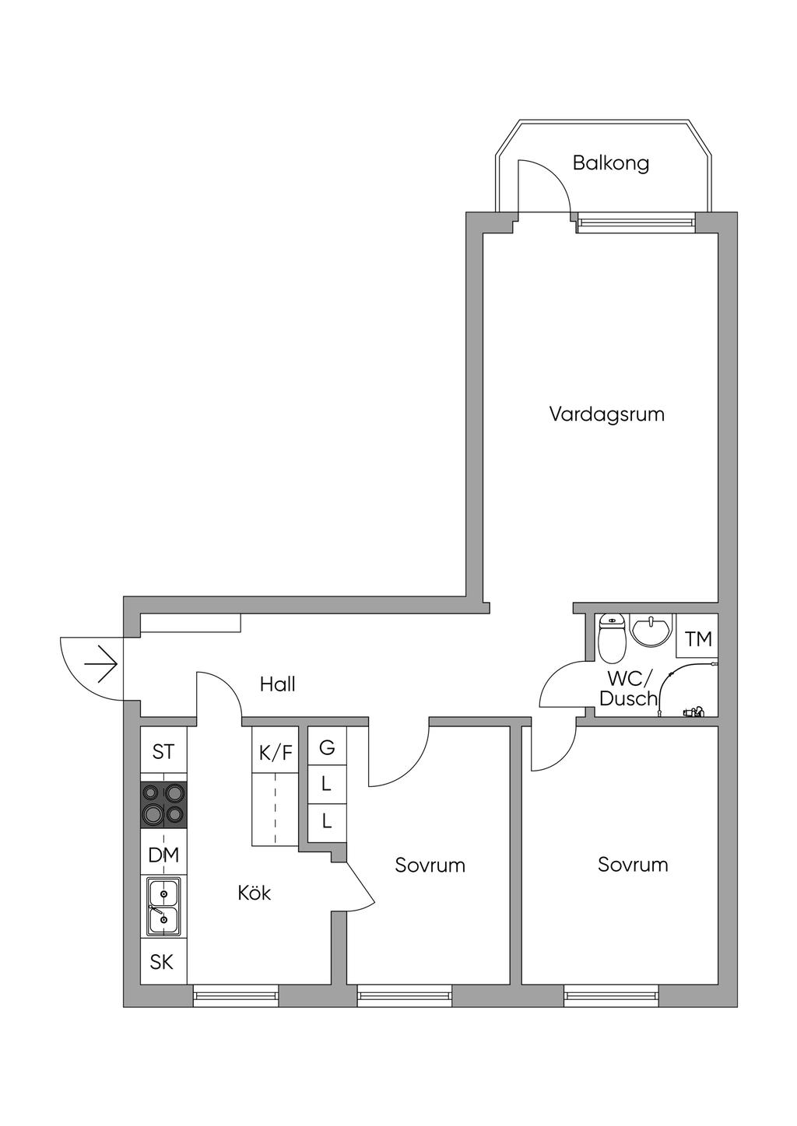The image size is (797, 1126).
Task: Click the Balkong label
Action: point(611,163)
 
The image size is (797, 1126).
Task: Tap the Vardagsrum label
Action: point(607,414)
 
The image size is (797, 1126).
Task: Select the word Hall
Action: point(277,684)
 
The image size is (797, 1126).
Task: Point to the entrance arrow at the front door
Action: point(101,665)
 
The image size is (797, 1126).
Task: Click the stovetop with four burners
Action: point(163,805)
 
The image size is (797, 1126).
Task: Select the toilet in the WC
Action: point(612,638)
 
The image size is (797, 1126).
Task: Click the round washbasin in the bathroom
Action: point(651,630)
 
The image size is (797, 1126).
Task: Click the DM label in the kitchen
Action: point(163,855)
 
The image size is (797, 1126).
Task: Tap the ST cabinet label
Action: point(163,752)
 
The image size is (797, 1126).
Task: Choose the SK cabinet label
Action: point(162,961)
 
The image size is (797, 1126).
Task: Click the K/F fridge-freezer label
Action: point(276,753)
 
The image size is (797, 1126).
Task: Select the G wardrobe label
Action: point(327,747)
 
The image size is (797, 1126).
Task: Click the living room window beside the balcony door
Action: point(637,222)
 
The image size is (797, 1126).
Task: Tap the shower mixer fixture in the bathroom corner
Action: point(693,712)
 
